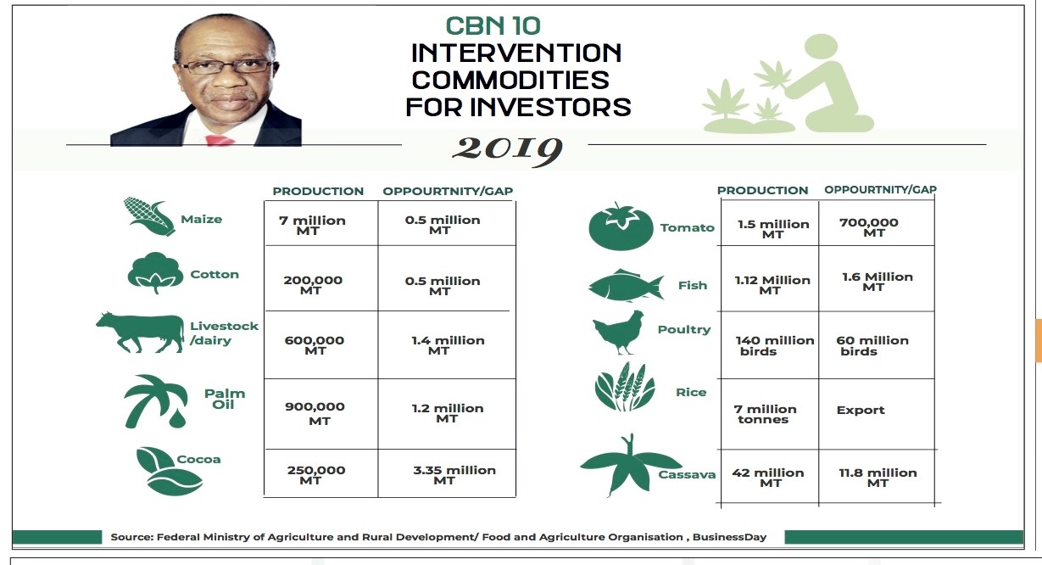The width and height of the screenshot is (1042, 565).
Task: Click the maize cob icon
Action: tap(148, 216)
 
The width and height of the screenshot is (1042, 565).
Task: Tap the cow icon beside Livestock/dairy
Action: tap(141, 332)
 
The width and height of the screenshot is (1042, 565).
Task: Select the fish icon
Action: tap(626, 285)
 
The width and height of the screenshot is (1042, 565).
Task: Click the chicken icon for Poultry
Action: tap(619, 333)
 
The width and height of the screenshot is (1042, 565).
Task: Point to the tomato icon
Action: tap(621, 227)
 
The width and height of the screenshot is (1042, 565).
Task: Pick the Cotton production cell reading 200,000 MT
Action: tap(313, 285)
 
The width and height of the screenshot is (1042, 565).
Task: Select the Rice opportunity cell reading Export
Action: tap(860, 410)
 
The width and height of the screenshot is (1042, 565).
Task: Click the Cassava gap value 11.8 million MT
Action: tap(878, 478)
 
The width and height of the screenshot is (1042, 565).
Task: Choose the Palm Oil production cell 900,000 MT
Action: tap(315, 413)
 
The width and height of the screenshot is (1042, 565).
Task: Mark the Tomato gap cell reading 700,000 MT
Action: tap(869, 227)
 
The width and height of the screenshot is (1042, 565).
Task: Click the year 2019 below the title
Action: tap(507, 150)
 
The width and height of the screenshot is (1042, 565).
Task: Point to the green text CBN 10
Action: tap(493, 26)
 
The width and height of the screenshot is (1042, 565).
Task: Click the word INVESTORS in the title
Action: tap(550, 108)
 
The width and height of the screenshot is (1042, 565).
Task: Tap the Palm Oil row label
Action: tap(224, 399)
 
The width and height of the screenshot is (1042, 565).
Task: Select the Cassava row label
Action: tap(687, 475)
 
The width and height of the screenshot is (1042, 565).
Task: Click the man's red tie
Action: tap(219, 141)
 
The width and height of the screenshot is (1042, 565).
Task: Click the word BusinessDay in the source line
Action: tap(729, 537)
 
